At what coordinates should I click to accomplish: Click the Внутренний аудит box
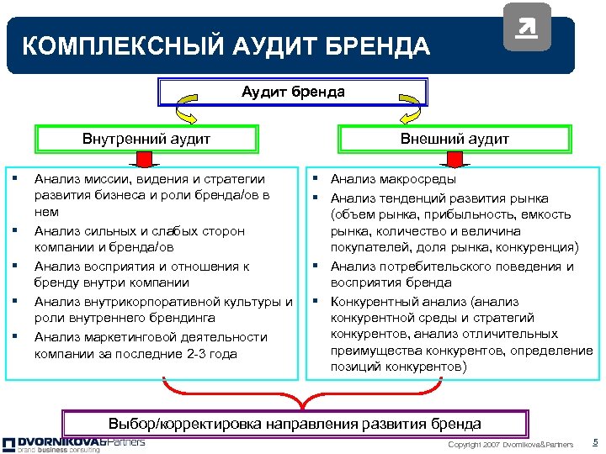146,139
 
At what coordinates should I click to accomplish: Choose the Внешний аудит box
454,139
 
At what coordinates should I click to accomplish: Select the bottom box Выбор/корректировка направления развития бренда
295,424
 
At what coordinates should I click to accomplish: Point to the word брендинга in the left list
187,318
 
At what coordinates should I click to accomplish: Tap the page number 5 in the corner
594,442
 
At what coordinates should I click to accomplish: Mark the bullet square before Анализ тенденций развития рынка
320,198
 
